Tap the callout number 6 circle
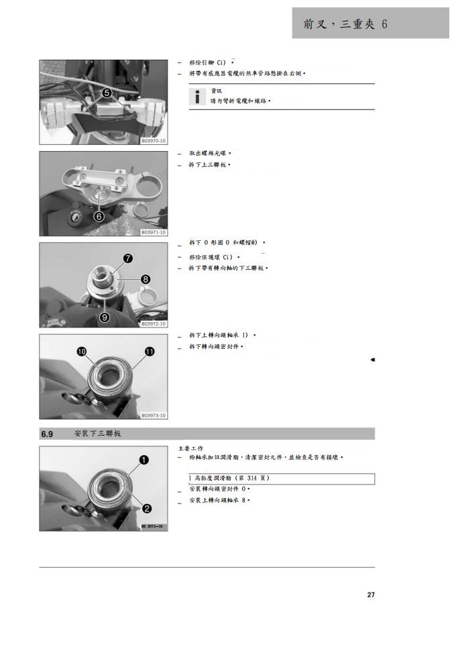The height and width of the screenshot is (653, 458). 99,216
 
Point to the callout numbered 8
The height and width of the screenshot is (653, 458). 146,279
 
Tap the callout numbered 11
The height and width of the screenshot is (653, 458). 150,351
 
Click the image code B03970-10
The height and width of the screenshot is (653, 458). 154,142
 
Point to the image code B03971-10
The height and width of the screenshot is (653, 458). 154,232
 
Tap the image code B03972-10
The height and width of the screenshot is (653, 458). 154,323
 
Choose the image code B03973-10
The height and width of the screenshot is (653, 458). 154,415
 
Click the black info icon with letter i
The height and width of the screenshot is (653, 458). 197,97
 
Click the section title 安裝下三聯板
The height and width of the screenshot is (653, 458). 97,434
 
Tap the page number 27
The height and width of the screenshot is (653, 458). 371,595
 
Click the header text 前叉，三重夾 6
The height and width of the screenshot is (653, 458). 345,24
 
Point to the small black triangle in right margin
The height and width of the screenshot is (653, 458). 372,360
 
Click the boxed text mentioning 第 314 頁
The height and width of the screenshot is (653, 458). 282,479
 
